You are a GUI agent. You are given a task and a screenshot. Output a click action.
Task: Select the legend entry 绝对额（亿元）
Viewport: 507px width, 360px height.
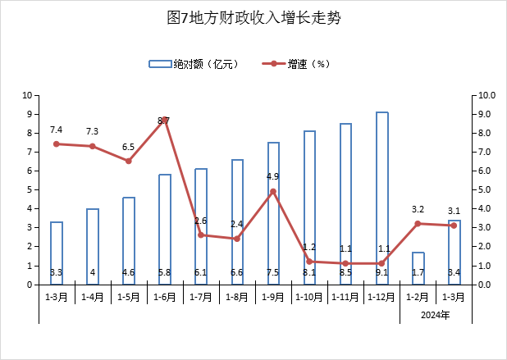194,63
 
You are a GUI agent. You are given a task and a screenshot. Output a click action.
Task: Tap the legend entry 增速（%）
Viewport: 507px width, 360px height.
296,63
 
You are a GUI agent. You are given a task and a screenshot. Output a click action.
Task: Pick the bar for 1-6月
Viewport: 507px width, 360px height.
165,230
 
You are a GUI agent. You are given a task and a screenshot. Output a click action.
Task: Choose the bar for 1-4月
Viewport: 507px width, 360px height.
93,246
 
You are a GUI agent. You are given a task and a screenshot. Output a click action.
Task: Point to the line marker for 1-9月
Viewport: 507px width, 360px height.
273,192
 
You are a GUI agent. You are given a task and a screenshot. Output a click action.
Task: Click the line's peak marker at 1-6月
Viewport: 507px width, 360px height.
165,120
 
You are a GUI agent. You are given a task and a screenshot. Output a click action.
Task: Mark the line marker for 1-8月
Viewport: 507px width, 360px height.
237,239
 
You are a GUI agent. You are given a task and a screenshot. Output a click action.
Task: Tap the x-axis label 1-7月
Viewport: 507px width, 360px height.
201,296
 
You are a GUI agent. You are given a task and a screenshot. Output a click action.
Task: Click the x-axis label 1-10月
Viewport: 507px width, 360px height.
309,296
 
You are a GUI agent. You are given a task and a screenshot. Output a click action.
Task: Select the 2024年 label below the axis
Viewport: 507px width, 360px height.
436,315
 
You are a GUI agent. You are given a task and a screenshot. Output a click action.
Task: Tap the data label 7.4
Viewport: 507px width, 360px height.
57,130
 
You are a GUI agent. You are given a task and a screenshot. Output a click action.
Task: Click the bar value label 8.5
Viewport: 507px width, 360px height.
346,272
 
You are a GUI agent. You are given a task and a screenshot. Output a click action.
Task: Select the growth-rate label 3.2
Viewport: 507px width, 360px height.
418,209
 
